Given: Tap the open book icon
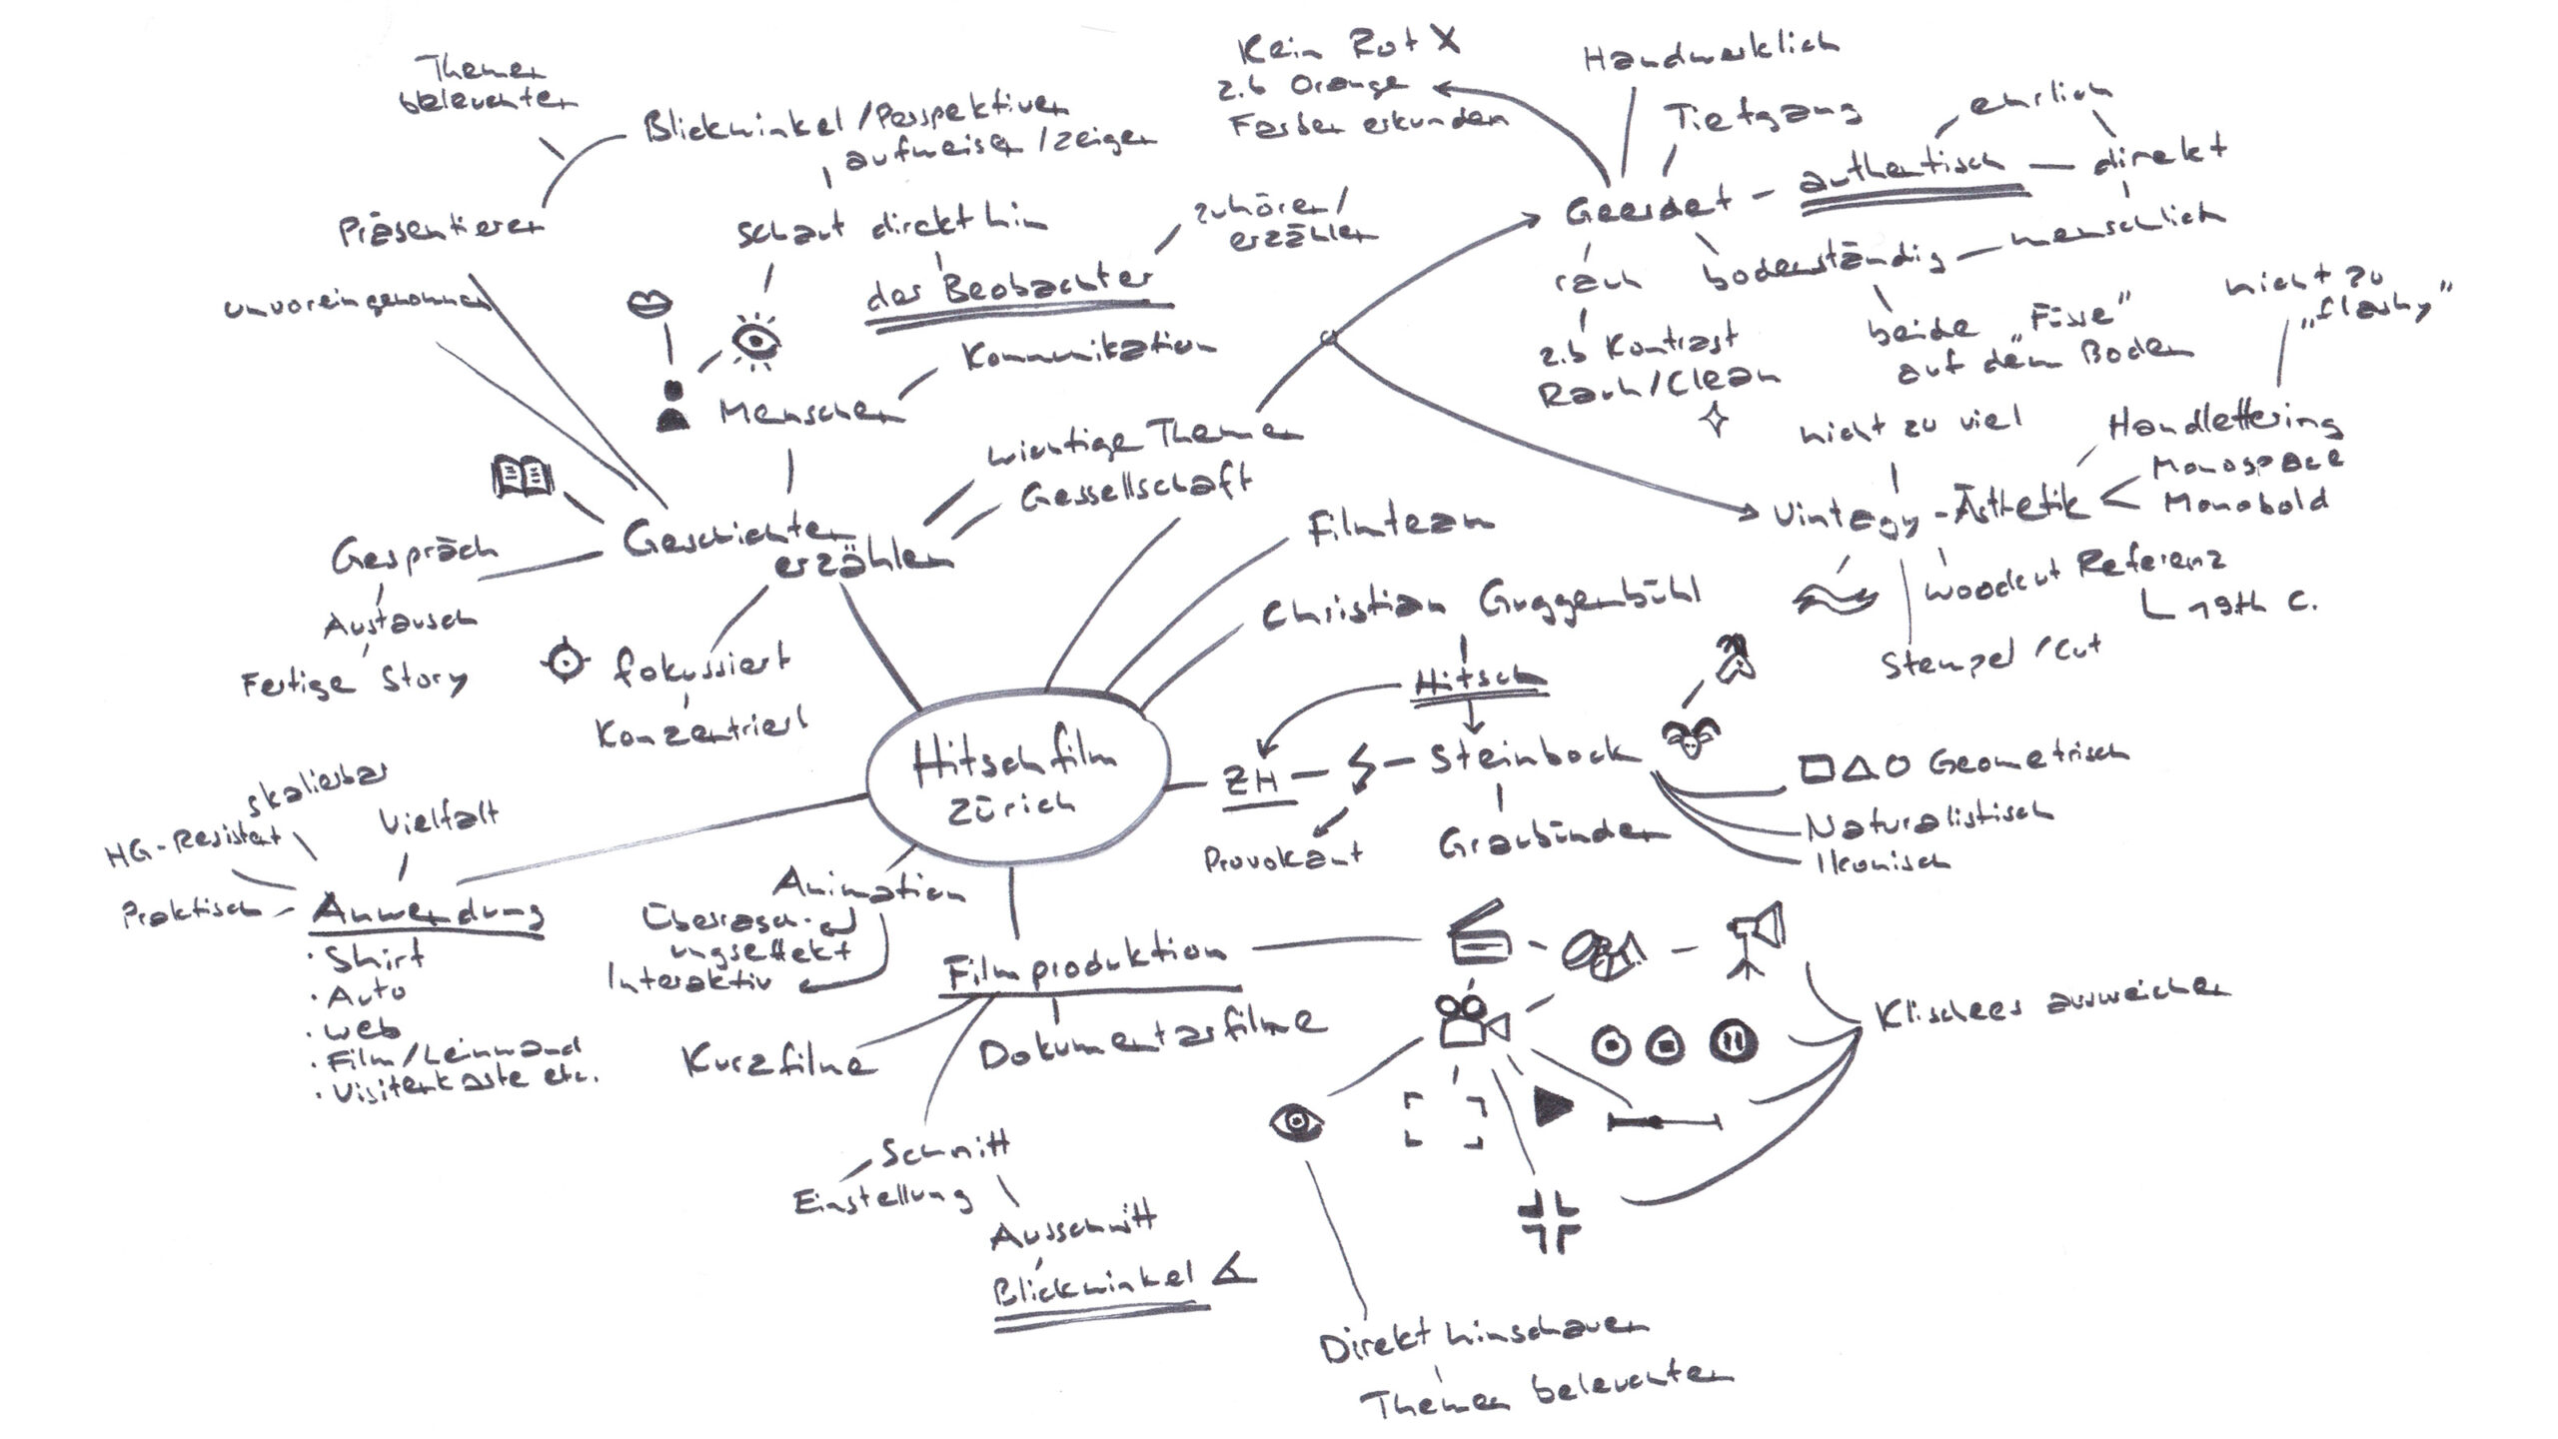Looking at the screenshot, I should click(523, 477).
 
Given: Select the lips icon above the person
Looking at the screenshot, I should click(649, 304).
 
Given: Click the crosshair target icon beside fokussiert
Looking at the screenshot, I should click(567, 662).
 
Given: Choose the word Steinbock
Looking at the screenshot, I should click(1533, 756).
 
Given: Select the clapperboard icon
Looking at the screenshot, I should click(1479, 934).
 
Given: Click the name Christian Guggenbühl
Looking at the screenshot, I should click(1479, 607).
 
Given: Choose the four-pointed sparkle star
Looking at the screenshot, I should click(1715, 419).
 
